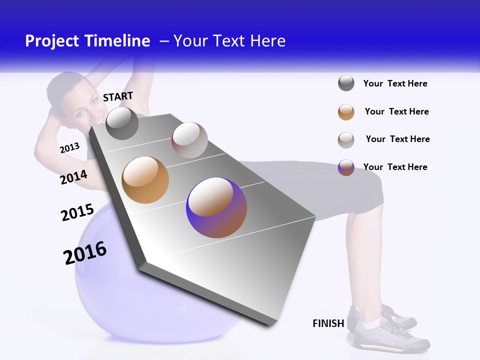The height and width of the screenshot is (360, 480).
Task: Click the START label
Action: [x=118, y=96]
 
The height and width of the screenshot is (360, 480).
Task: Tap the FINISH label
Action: [x=328, y=323]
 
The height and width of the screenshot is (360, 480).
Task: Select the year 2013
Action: [x=69, y=147]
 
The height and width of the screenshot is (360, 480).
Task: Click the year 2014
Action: [x=73, y=177]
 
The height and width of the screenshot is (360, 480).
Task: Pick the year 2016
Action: [x=85, y=253]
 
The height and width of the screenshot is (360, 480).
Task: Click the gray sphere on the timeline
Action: [x=122, y=123]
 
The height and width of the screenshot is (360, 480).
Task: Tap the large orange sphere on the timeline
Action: [x=145, y=180]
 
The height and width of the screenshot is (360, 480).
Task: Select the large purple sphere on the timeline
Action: [x=216, y=207]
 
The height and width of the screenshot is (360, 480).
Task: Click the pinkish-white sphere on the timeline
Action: [x=189, y=140]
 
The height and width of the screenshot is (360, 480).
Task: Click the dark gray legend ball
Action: [x=346, y=83]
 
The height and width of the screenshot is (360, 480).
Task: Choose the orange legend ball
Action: [x=346, y=112]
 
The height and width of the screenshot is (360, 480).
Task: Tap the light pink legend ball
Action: [x=346, y=140]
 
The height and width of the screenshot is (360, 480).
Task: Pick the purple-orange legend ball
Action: [x=346, y=167]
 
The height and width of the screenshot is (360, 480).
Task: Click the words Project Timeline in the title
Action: [x=87, y=41]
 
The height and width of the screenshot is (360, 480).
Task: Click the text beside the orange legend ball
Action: [x=396, y=111]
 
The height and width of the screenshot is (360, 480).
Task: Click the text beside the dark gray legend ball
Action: [x=395, y=83]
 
